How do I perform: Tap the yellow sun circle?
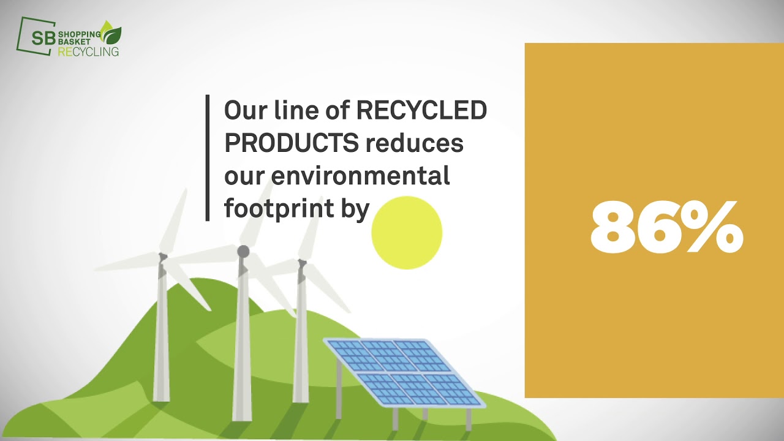click(407, 233)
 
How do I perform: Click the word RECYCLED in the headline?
click(421, 111)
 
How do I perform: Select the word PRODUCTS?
click(291, 143)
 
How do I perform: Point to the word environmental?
click(360, 176)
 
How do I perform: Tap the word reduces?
click(415, 143)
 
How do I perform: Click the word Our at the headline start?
click(244, 111)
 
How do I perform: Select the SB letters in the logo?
click(43, 38)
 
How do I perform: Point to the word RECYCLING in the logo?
click(88, 52)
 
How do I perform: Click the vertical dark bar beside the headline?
click(208, 157)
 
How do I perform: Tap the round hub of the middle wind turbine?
click(243, 251)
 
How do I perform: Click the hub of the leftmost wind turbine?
click(163, 257)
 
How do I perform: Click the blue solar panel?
click(404, 371)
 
